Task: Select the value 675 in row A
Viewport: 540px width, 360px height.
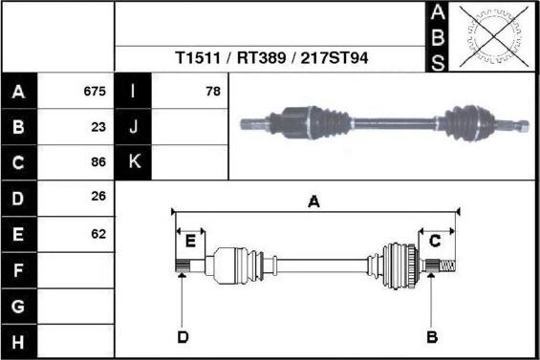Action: (x=94, y=93)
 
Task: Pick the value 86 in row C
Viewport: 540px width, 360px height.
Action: (x=97, y=162)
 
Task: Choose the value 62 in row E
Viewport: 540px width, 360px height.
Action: (x=97, y=233)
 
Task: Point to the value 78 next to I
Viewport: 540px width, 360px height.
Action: (x=212, y=93)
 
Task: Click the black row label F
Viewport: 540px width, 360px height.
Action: (x=19, y=270)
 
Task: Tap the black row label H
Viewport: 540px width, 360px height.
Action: (x=19, y=341)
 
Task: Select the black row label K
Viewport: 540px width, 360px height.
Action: (x=133, y=162)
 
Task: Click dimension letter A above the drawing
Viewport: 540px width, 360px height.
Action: (x=313, y=201)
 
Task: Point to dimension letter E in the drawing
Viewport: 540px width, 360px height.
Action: (x=190, y=240)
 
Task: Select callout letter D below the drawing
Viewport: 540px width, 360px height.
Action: (x=183, y=336)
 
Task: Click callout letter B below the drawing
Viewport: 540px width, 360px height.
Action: (x=431, y=336)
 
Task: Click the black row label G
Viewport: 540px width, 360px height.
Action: (x=19, y=307)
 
